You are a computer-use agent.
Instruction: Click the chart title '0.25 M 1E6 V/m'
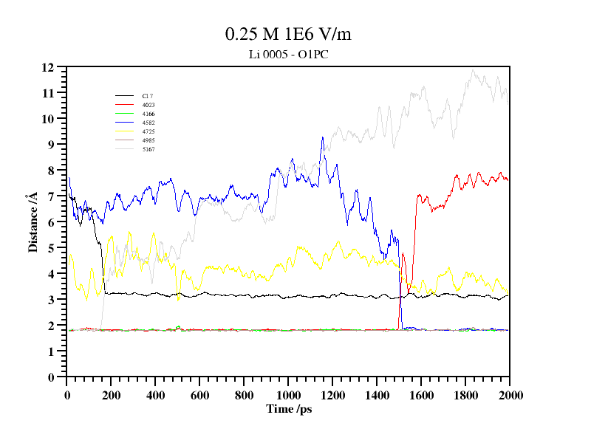click(x=293, y=34)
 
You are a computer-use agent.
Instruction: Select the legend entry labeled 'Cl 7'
click(x=148, y=96)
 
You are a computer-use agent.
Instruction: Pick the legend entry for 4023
click(x=148, y=105)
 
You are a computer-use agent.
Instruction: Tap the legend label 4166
click(x=148, y=114)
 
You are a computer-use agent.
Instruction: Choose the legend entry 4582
click(x=148, y=123)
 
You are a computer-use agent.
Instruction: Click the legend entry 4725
click(x=148, y=131)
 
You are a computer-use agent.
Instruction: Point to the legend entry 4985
click(x=148, y=140)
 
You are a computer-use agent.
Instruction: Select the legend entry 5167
click(x=148, y=149)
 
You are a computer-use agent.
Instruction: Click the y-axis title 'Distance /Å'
click(x=33, y=222)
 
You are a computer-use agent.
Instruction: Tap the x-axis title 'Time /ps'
click(x=289, y=409)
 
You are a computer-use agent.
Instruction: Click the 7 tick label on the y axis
click(x=52, y=196)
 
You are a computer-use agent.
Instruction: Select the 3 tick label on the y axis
click(x=52, y=300)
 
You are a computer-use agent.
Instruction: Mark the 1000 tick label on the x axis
click(x=288, y=395)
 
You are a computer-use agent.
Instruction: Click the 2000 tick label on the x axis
click(x=510, y=395)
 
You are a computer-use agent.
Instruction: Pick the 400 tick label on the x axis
click(x=155, y=395)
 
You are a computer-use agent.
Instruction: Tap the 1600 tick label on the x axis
click(x=421, y=395)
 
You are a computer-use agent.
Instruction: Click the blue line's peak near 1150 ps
click(x=322, y=137)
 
